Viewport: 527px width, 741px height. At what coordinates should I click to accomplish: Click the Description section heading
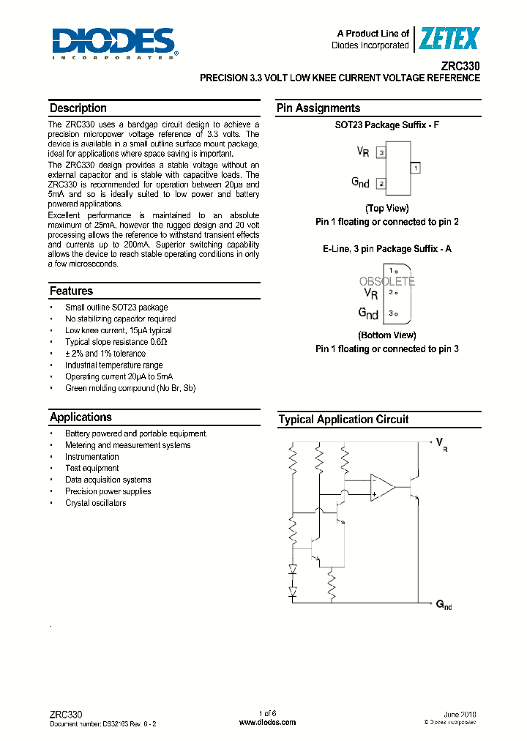[x=78, y=108]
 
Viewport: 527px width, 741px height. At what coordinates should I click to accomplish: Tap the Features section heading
[x=71, y=291]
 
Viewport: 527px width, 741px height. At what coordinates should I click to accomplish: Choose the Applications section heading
[x=81, y=417]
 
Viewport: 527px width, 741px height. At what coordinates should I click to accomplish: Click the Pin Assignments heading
[x=318, y=108]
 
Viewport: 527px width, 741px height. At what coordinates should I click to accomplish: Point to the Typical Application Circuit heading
[x=343, y=420]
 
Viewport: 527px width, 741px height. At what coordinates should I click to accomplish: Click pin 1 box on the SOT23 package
[x=415, y=168]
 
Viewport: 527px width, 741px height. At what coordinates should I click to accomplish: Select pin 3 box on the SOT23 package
[x=381, y=152]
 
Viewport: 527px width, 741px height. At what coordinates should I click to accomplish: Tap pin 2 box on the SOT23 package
[x=381, y=184]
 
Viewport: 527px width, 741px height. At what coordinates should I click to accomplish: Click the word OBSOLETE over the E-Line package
[x=387, y=281]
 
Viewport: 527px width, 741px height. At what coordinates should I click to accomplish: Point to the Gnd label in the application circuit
[x=444, y=604]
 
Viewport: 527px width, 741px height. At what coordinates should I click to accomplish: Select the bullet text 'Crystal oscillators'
[x=95, y=503]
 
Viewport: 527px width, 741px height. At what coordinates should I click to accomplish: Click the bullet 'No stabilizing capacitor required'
[x=120, y=319]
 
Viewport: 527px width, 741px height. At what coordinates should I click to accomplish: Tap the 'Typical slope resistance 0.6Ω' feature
[x=116, y=342]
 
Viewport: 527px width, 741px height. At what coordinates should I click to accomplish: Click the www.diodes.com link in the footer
[x=267, y=722]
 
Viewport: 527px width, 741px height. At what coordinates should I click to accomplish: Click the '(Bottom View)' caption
[x=386, y=335]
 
